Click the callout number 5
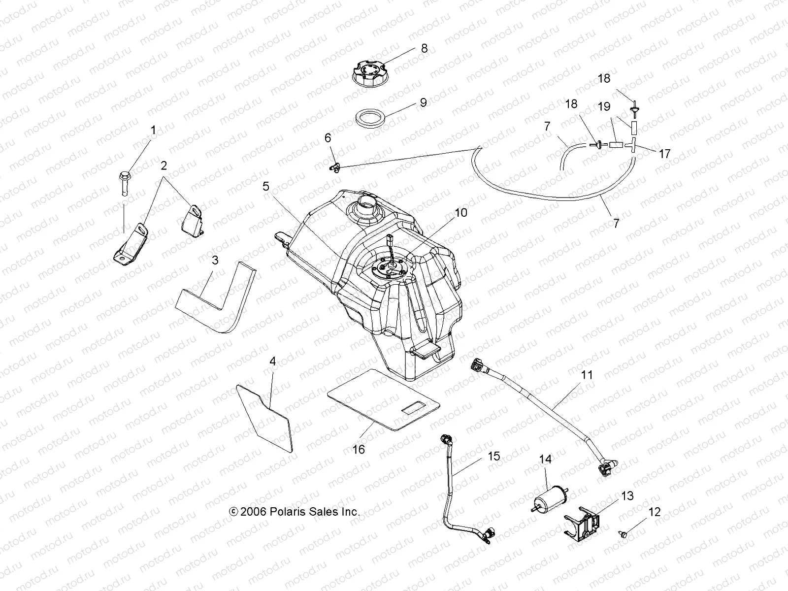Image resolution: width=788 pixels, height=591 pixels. pyautogui.click(x=266, y=186)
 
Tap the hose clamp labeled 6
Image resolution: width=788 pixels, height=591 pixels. pyautogui.click(x=334, y=167)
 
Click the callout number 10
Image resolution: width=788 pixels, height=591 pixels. pyautogui.click(x=461, y=213)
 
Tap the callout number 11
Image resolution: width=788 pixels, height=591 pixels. pyautogui.click(x=573, y=375)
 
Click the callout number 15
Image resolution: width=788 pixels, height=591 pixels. pyautogui.click(x=493, y=457)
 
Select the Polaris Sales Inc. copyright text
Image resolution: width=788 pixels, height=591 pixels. pyautogui.click(x=295, y=512)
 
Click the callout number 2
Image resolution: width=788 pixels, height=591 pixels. pyautogui.click(x=164, y=166)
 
